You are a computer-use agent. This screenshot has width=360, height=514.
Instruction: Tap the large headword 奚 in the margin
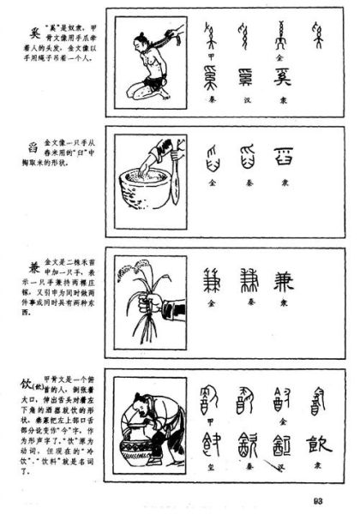click(34, 30)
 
